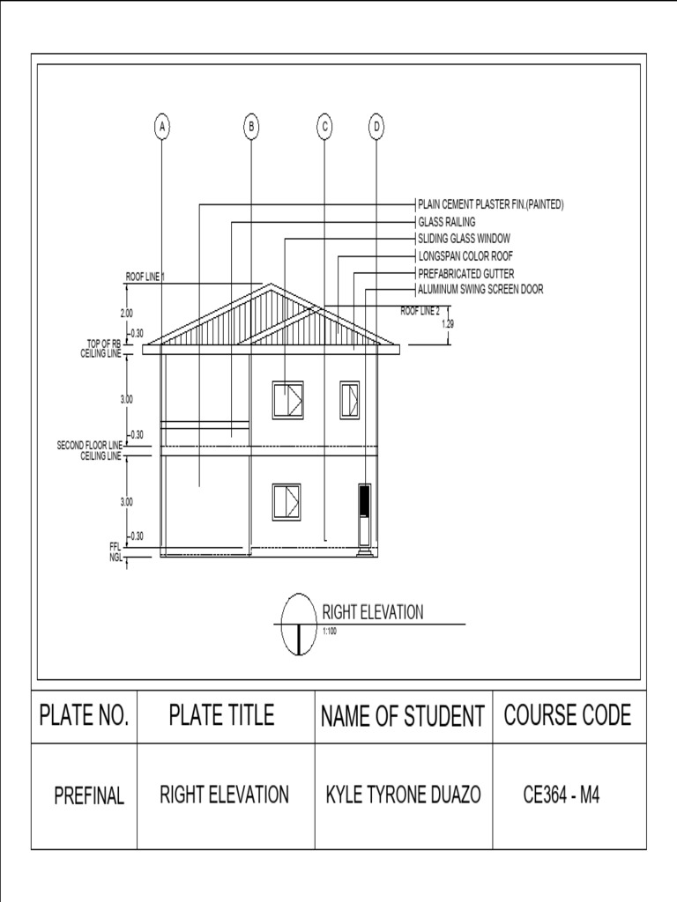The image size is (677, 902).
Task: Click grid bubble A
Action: pyautogui.click(x=161, y=128)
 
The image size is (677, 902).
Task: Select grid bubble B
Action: pyautogui.click(x=251, y=128)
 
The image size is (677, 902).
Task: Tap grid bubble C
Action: pyautogui.click(x=324, y=128)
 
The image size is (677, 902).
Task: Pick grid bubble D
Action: pyautogui.click(x=376, y=128)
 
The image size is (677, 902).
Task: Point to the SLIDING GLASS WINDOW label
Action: pyautogui.click(x=464, y=239)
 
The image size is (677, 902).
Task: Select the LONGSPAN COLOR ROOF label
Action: pyautogui.click(x=465, y=255)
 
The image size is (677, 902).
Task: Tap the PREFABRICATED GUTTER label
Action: pyautogui.click(x=465, y=273)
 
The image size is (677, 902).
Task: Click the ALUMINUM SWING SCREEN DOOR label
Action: pyautogui.click(x=480, y=289)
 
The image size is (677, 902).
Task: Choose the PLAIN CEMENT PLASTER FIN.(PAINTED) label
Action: pyautogui.click(x=490, y=205)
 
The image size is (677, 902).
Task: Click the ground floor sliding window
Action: pyautogui.click(x=286, y=502)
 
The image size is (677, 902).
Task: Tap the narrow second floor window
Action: pyautogui.click(x=349, y=399)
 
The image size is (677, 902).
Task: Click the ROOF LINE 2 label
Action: pyautogui.click(x=420, y=311)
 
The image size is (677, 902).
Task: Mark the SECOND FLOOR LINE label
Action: pyautogui.click(x=89, y=446)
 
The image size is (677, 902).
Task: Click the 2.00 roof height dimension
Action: pyautogui.click(x=126, y=313)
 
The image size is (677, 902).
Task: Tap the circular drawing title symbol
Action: pyautogui.click(x=299, y=624)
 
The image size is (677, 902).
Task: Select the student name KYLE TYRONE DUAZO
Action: pyautogui.click(x=404, y=795)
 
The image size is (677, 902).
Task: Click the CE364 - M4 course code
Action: pyautogui.click(x=562, y=795)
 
